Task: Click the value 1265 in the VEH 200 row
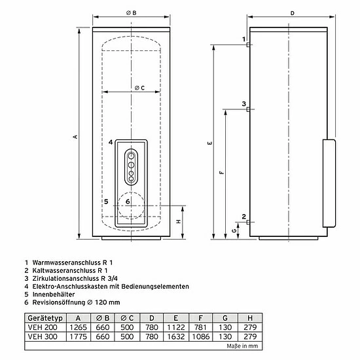tap(79, 327)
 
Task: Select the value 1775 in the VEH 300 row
tap(79, 336)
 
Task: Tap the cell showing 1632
tap(175, 336)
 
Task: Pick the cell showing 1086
tap(201, 336)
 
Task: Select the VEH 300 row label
tap(43, 336)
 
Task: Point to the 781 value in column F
tap(200, 327)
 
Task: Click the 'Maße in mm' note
tap(242, 346)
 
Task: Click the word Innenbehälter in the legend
tap(54, 295)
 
